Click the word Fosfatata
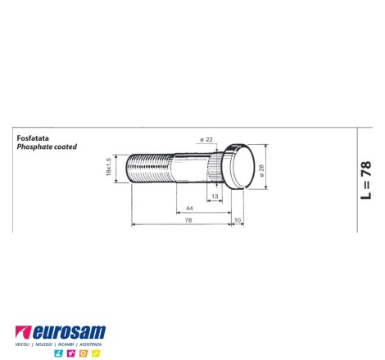(33, 138)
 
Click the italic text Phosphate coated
(47, 146)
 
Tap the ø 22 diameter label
(206, 140)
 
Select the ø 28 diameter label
(261, 171)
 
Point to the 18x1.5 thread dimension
(109, 167)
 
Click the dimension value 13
(215, 196)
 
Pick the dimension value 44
(189, 209)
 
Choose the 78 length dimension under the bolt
(188, 220)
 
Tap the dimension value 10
(238, 220)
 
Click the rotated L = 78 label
(366, 180)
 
